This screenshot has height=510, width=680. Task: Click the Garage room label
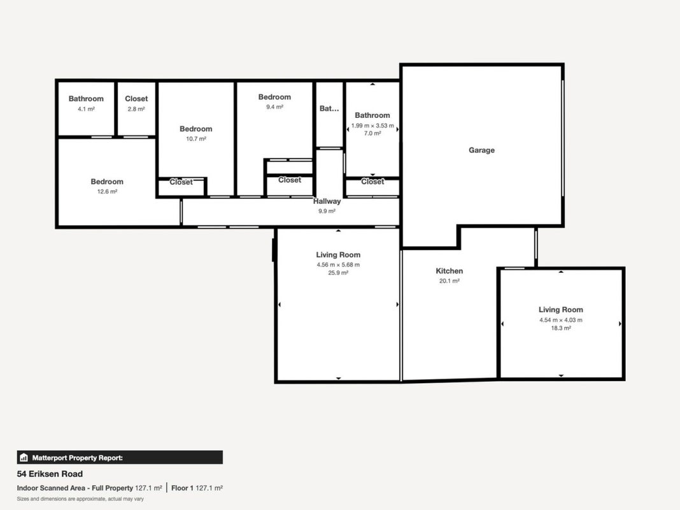click(x=481, y=150)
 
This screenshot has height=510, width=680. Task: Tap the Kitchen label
click(x=450, y=271)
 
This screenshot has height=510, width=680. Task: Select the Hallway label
click(x=327, y=201)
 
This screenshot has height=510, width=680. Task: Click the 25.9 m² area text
click(x=338, y=273)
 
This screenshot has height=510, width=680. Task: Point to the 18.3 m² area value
click(x=561, y=328)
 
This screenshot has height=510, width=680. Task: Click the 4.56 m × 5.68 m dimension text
click(x=338, y=265)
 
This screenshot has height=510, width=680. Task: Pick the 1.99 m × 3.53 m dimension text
click(x=372, y=126)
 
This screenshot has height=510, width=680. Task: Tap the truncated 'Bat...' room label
click(x=329, y=108)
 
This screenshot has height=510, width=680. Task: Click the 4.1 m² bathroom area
click(x=86, y=109)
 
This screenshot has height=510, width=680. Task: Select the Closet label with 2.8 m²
click(x=136, y=99)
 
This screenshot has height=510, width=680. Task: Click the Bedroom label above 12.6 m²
click(x=107, y=182)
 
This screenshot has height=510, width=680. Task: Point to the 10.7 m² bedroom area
click(x=196, y=139)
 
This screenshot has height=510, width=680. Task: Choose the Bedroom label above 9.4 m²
click(x=274, y=97)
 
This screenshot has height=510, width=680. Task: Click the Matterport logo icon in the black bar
click(x=24, y=458)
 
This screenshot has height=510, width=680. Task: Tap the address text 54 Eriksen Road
click(x=50, y=474)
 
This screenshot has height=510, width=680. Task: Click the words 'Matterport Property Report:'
click(x=78, y=458)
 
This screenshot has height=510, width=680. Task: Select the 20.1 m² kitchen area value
click(x=450, y=281)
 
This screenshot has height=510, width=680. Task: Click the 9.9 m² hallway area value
click(x=327, y=212)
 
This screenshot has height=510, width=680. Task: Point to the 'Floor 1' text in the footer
click(x=182, y=488)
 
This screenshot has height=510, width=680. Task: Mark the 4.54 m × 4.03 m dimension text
click(x=561, y=320)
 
